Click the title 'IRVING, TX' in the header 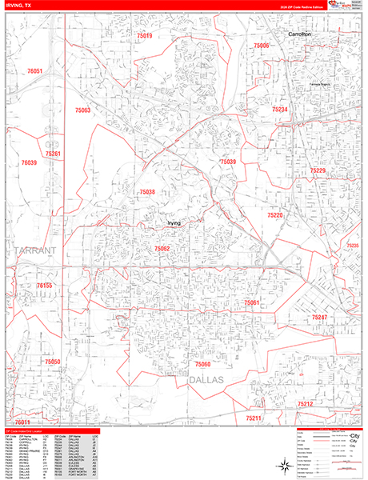coord(19,5)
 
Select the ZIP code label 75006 coord(262,46)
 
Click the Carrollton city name coord(305,36)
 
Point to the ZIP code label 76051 coord(35,71)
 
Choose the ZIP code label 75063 coord(83,110)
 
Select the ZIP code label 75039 coord(229,162)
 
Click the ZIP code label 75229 coord(318,170)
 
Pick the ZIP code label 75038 coord(146,192)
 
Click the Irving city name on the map coord(174,223)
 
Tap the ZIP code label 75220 coord(275,215)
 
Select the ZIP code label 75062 coord(162,249)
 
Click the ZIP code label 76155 coord(44,285)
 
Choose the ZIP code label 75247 coord(320,318)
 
